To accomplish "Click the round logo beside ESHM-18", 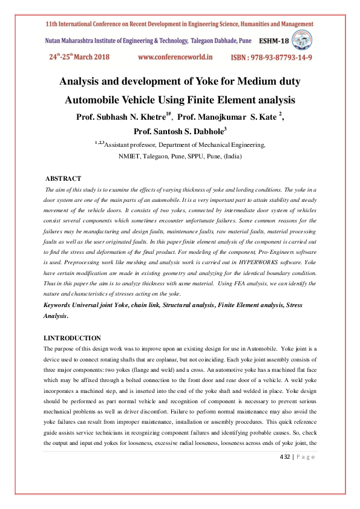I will (x=302, y=40).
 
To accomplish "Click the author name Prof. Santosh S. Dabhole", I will (x=180, y=131).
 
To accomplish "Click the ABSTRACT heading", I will (x=63, y=178).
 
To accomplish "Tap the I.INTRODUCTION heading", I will (x=72, y=338).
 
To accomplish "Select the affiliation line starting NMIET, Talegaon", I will (x=180, y=155).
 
